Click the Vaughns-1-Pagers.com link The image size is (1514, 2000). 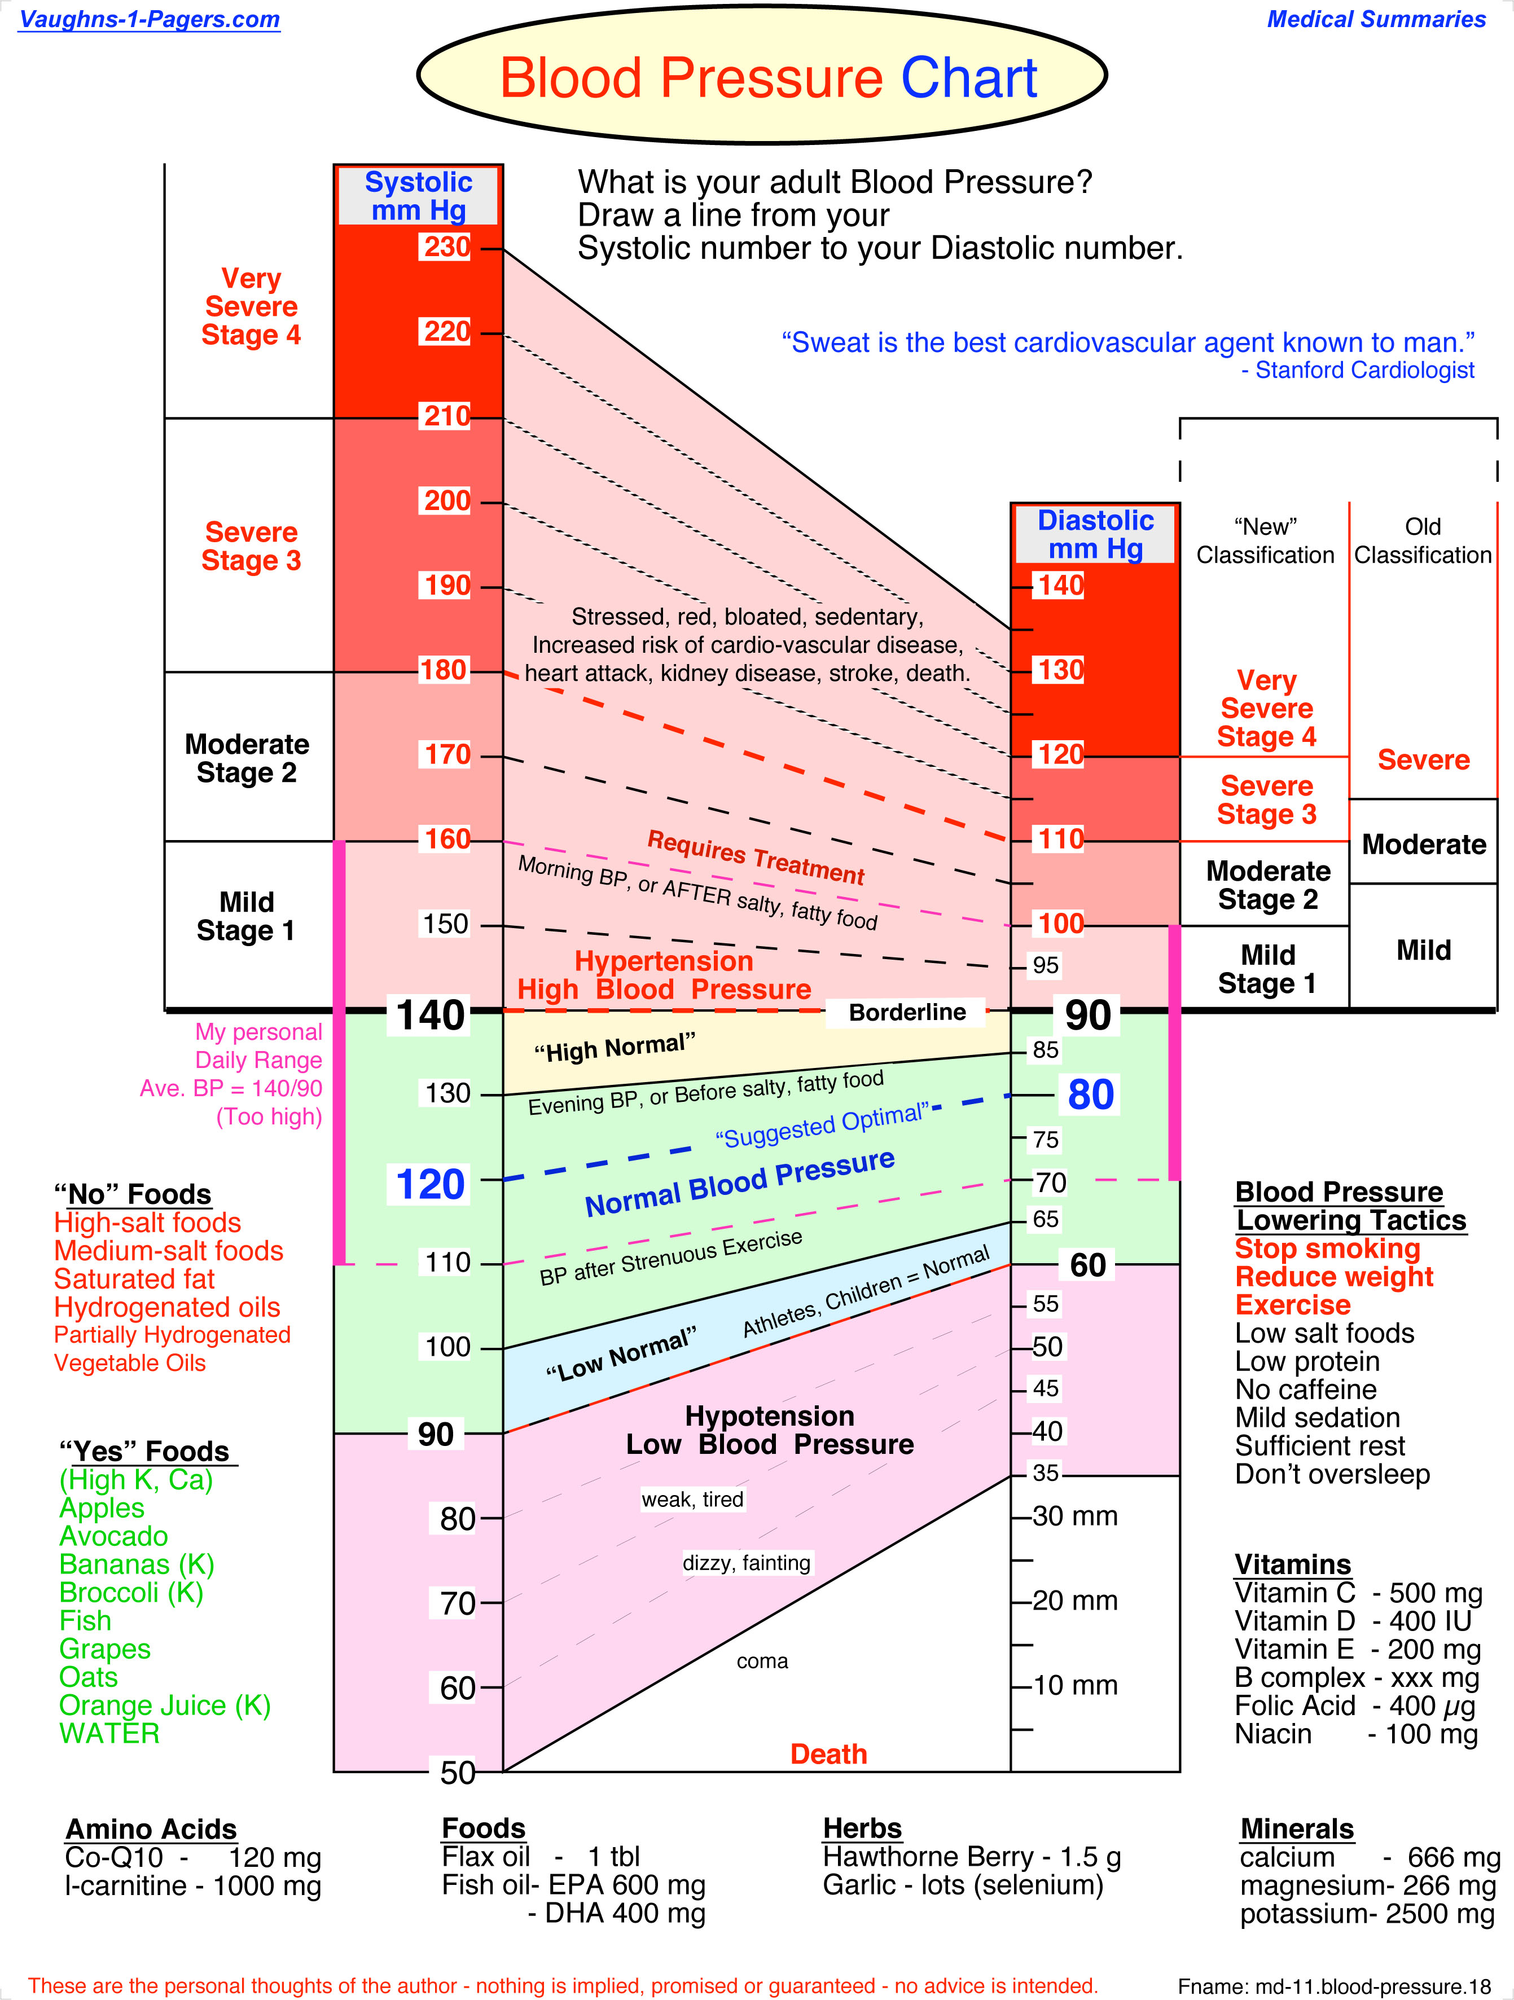149,19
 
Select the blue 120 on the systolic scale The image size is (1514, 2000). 431,1184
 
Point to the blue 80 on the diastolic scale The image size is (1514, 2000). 1090,1095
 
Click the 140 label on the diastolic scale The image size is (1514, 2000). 1060,585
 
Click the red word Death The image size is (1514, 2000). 828,1754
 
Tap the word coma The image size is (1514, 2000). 762,1661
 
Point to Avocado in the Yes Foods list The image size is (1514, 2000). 114,1536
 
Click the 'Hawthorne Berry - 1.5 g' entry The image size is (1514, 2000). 971,1857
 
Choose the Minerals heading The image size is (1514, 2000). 1296,1828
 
